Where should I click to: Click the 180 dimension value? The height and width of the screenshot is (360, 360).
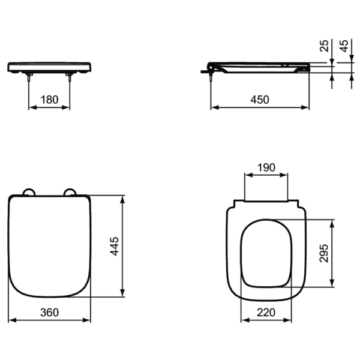(x=49, y=100)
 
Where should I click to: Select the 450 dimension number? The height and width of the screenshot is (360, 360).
(x=260, y=100)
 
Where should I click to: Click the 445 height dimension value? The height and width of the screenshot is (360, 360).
(x=115, y=246)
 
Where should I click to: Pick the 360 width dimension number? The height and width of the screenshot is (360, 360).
(x=50, y=312)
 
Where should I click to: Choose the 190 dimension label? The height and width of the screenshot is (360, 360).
(x=266, y=167)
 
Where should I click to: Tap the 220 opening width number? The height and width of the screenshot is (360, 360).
(x=266, y=312)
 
